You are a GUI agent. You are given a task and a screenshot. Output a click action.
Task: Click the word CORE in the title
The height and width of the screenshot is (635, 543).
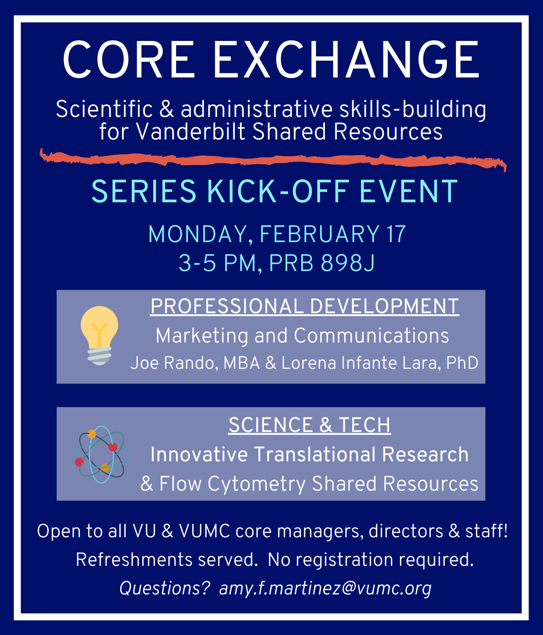[129, 60]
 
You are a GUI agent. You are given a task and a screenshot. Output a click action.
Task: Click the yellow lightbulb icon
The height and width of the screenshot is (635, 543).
[99, 335]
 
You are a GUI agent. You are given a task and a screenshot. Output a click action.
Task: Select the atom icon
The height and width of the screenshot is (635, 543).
[102, 454]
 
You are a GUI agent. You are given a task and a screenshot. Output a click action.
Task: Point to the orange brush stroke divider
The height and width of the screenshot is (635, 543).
[273, 160]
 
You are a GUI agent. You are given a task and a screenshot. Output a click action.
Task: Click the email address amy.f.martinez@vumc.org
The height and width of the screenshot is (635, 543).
[325, 588]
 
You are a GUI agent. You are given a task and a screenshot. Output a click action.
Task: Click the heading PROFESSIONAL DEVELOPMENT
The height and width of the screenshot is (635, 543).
[305, 306]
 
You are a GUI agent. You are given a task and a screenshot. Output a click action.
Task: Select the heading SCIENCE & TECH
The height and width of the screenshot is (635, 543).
[309, 425]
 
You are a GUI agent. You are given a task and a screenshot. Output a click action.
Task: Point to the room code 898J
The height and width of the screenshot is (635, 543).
[348, 263]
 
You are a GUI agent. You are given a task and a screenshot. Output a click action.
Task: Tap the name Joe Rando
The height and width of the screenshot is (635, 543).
[174, 363]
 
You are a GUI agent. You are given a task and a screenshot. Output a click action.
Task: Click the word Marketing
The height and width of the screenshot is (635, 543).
[202, 336]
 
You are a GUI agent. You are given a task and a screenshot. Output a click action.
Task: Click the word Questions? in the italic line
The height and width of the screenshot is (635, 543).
[164, 588]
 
